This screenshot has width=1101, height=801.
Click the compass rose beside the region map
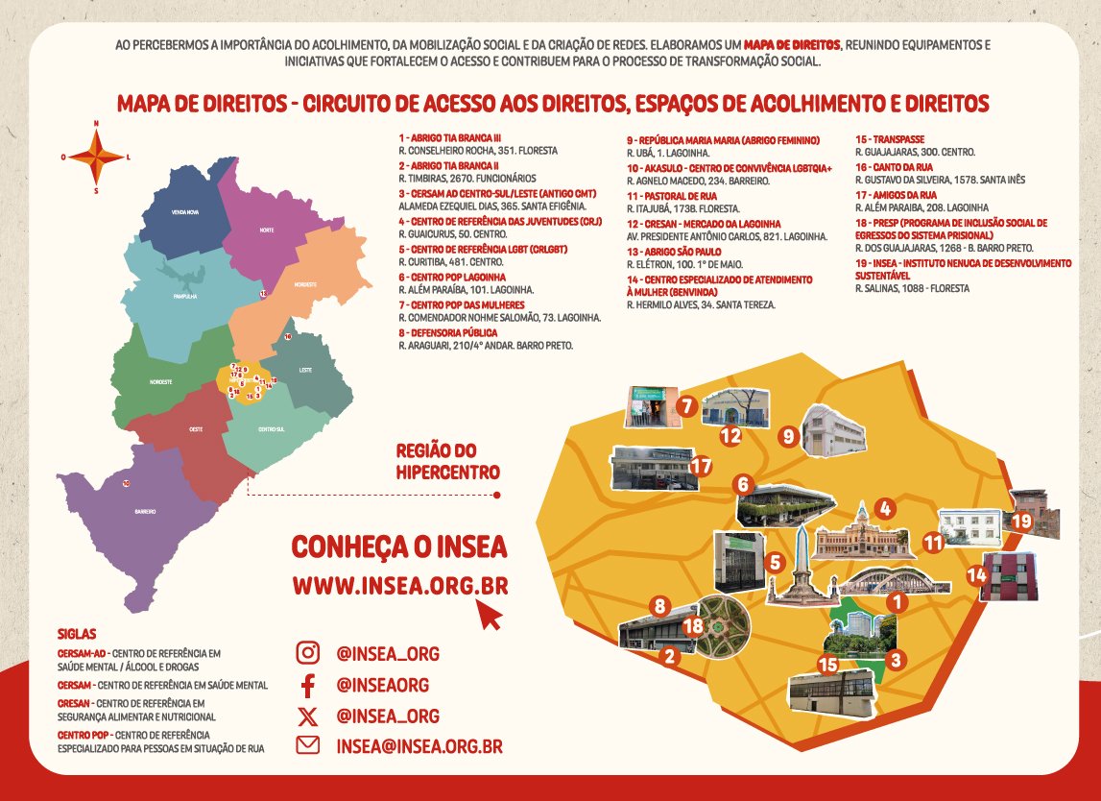coord(96,156)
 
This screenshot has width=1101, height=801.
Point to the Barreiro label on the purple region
coord(145,510)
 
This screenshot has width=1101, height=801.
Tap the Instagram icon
coord(307,653)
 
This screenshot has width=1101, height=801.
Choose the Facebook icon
coord(307,685)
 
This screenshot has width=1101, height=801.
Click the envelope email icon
coord(307,745)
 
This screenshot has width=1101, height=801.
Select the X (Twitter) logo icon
coord(307,716)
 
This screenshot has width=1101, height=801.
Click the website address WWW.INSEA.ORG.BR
coord(400,585)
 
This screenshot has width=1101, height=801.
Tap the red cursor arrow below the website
coord(490,615)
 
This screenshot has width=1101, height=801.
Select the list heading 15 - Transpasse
coord(890,139)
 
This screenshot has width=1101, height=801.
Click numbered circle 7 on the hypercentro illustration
coord(685,406)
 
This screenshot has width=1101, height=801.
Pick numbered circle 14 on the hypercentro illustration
coord(977,575)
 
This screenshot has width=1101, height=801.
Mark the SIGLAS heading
coord(77,635)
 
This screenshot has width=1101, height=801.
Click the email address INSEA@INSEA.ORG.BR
coord(419,746)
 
